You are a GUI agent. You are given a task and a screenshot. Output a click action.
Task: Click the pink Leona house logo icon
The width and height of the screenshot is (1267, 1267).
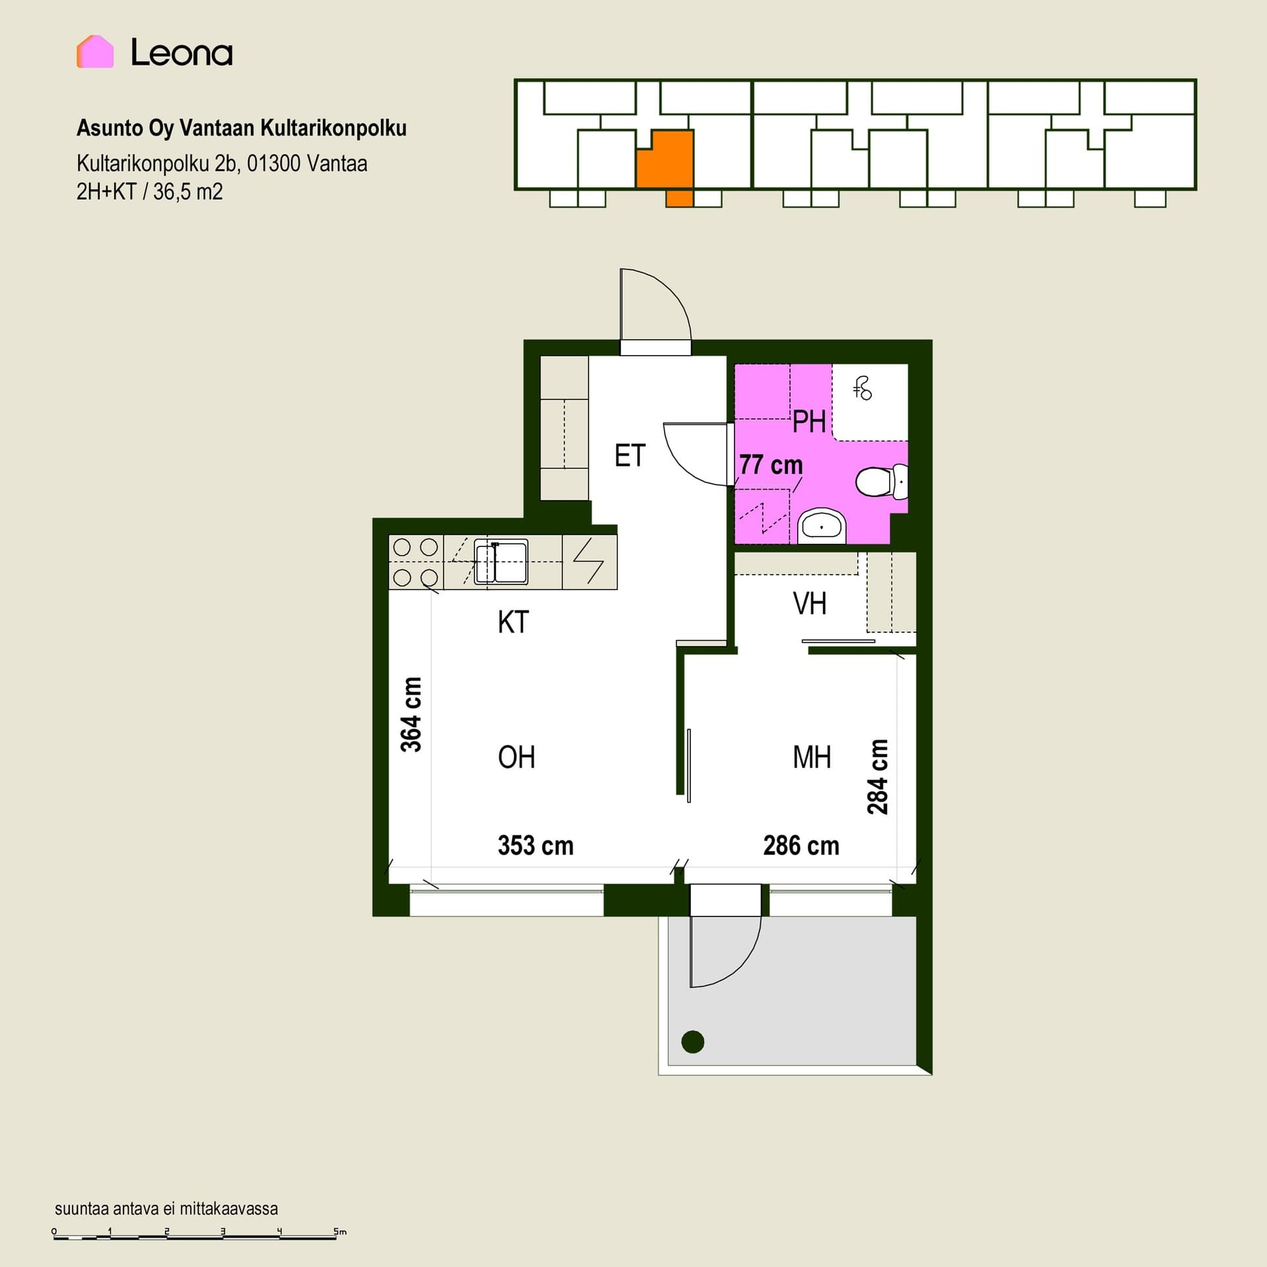point(95,51)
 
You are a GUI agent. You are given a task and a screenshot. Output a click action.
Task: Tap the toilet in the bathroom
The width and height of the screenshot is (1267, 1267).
point(882,482)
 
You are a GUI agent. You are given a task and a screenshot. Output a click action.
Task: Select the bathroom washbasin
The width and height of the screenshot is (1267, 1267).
point(822,527)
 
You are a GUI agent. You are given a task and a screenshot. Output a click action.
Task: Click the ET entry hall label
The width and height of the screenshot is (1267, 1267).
point(630,456)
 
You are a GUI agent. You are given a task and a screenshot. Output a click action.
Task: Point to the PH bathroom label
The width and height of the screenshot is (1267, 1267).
point(809,422)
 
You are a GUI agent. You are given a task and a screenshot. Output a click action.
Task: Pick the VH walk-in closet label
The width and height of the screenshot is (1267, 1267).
point(810,604)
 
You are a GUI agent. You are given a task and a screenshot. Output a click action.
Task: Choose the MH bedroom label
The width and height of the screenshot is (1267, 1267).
point(812,758)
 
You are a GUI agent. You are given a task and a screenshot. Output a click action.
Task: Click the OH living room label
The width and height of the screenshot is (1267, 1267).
point(517,758)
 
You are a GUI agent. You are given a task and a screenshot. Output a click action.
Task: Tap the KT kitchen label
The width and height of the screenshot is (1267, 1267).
point(513,622)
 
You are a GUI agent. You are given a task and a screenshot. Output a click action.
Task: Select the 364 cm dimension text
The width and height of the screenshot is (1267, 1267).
point(411,715)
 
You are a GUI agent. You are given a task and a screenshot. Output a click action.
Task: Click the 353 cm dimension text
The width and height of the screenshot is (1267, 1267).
point(536,845)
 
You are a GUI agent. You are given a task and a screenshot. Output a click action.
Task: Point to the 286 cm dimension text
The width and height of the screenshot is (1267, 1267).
point(801,845)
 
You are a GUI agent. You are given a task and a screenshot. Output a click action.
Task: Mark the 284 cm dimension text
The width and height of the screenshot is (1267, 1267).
point(878,777)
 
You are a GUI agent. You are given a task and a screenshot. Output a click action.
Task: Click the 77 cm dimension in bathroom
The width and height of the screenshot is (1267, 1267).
point(771,465)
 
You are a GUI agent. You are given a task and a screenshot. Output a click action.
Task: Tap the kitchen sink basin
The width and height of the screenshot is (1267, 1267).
point(502,563)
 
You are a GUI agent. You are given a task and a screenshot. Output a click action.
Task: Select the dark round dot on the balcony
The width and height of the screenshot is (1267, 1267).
point(693,1042)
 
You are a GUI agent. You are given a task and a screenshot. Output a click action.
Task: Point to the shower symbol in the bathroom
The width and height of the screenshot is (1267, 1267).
point(862,389)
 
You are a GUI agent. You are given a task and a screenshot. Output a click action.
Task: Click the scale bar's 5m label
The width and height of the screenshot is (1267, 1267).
point(340,1231)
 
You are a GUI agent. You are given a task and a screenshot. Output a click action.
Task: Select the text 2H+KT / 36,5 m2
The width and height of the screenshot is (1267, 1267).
point(150,192)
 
